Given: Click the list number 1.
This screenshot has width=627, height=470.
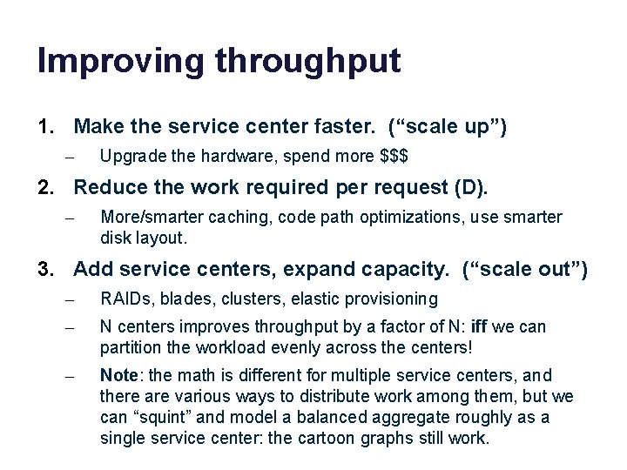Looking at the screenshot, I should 45,128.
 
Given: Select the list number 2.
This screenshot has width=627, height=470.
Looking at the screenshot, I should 45,186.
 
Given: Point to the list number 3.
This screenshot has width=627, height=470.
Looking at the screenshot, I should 45,270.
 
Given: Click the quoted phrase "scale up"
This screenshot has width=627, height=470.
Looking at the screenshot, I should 447,128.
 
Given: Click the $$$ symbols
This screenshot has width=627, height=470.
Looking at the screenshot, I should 395,157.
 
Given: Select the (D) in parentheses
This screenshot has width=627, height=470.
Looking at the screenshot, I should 477,186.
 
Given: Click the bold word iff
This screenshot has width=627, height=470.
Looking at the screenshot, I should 479,327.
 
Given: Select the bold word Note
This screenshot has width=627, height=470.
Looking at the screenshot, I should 118,376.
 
